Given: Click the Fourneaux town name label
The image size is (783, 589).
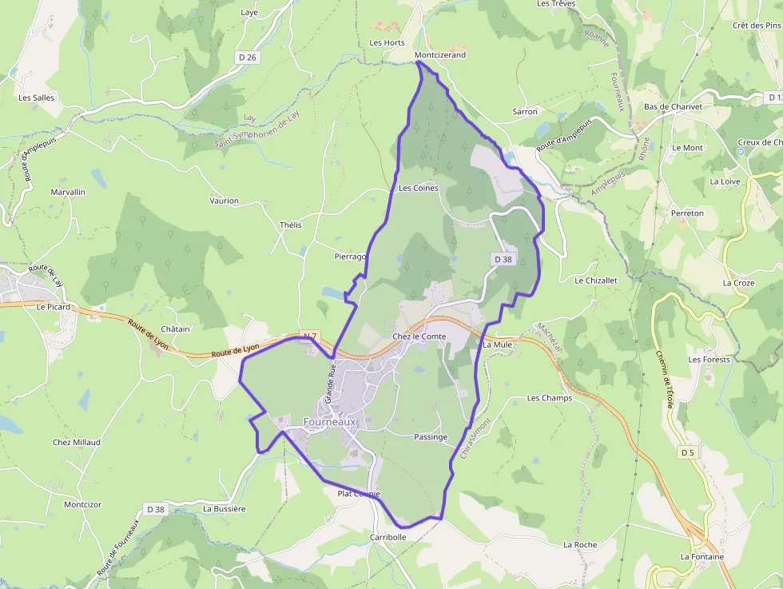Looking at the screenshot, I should tap(329, 421).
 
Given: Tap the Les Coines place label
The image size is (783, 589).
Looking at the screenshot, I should tap(418, 189).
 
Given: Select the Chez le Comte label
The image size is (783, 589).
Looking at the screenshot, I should tap(419, 336).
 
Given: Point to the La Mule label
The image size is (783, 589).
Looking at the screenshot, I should tap(497, 344).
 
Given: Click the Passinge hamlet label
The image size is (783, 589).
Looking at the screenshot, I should tap(431, 437).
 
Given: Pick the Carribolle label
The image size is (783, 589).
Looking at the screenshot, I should tap(388, 537).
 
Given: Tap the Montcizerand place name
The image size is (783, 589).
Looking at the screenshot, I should tap(440, 55).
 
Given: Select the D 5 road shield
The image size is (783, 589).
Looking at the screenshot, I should tap(686, 453).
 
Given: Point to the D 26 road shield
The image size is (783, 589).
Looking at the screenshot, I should tap(248, 57).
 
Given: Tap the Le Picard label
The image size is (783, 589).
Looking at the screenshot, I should tap(54, 306).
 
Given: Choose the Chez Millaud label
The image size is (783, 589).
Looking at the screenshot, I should tap(77, 442).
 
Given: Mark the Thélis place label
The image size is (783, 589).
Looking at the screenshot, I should tap(291, 225).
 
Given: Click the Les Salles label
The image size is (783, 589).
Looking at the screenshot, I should tap(37, 98).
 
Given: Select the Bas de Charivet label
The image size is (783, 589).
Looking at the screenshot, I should tap(673, 107).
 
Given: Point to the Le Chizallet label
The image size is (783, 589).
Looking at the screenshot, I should tap(596, 281).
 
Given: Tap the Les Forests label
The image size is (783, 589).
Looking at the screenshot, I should tap(709, 360).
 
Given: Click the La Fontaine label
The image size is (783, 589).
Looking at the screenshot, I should tap(702, 556).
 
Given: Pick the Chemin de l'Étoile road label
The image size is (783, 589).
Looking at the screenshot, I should tap(664, 379).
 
